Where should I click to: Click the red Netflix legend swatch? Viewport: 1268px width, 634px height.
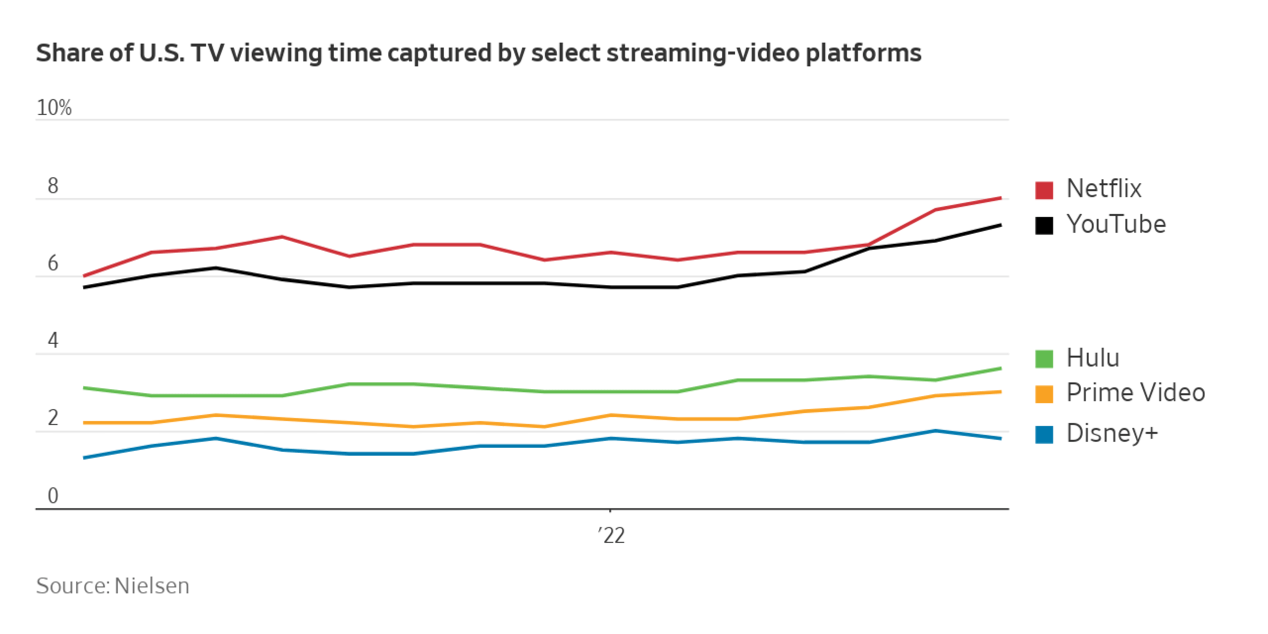click(1044, 190)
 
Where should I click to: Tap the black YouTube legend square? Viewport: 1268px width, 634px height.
click(1044, 225)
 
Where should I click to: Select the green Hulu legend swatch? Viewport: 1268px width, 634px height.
click(1044, 359)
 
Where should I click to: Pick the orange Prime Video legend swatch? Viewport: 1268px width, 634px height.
click(1044, 394)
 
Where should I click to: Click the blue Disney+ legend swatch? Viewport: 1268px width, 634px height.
click(1044, 434)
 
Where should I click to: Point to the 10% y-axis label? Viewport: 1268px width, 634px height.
click(54, 107)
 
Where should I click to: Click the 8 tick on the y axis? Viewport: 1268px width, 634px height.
click(53, 186)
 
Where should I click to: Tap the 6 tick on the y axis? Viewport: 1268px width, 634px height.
click(53, 263)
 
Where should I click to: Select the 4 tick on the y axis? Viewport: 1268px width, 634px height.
click(53, 340)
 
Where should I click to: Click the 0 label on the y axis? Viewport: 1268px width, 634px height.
click(53, 495)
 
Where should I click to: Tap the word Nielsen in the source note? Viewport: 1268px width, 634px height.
click(152, 586)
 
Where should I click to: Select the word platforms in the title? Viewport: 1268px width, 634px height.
click(863, 53)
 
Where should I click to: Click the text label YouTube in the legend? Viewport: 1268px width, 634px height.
click(1116, 224)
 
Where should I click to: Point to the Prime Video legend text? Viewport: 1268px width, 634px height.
click(1135, 393)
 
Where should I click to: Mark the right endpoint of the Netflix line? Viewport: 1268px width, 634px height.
click(1001, 198)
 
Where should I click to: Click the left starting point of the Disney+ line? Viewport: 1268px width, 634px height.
click(84, 458)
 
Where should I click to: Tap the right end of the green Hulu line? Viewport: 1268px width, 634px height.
click(1001, 369)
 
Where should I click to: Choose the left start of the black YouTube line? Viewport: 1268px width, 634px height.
click(84, 287)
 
